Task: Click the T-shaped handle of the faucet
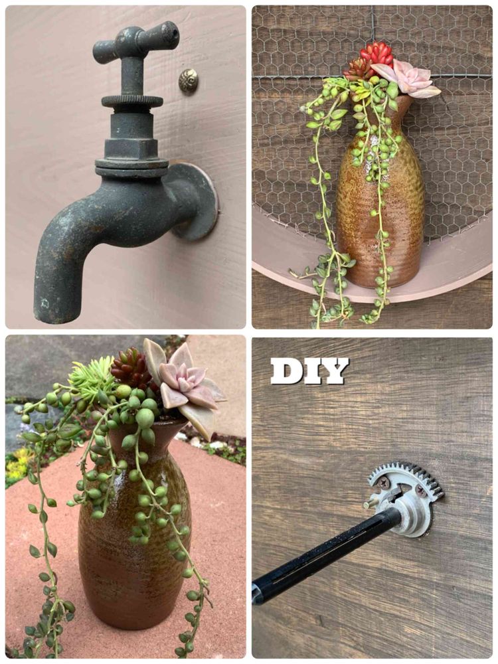[135, 41]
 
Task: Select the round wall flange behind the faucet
[195, 201]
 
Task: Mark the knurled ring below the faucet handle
[132, 102]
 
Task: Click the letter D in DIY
[286, 371]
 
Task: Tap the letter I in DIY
[312, 371]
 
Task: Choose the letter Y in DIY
[335, 371]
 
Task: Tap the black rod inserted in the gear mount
[326, 554]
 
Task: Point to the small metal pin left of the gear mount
[370, 504]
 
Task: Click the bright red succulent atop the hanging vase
[376, 54]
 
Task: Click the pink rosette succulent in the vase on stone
[187, 381]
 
